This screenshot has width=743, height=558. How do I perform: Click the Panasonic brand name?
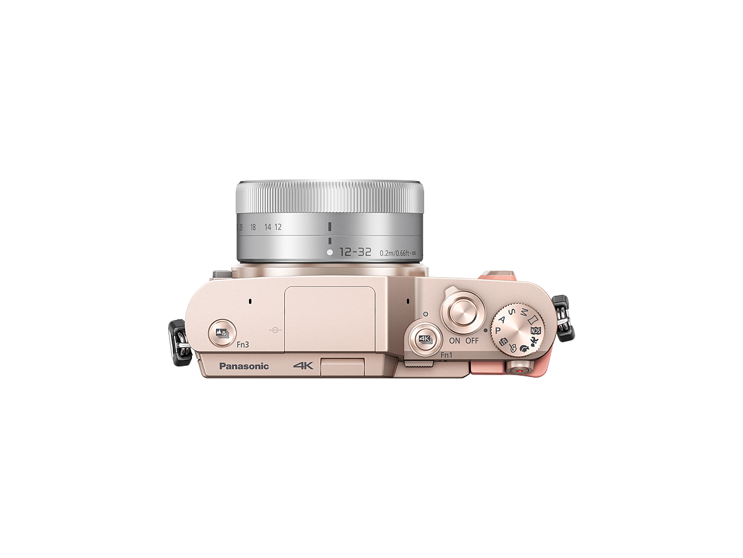point(244,366)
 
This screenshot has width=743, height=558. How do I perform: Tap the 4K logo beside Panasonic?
point(304,366)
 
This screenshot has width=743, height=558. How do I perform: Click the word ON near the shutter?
point(455,341)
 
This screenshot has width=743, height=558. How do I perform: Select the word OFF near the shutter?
point(472,341)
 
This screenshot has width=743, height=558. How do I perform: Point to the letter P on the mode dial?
point(497,332)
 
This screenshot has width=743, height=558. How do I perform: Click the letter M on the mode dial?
point(524,309)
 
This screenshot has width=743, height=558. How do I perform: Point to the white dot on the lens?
point(330,252)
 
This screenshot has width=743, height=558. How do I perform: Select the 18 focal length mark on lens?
point(253,227)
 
